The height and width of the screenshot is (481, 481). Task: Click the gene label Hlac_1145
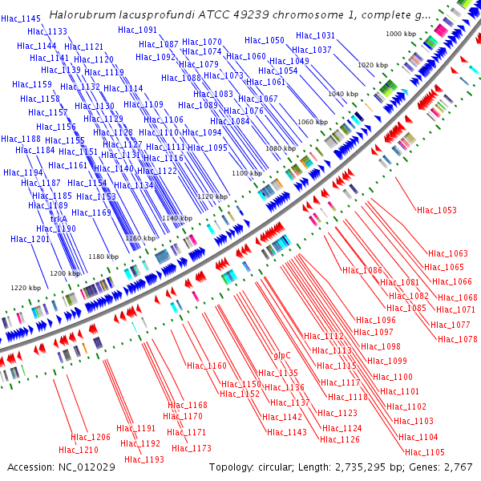click(x=21, y=18)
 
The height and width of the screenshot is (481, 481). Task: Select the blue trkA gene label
click(x=59, y=217)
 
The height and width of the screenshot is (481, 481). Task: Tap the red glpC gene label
click(x=282, y=354)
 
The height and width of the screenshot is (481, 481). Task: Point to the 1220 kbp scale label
click(x=26, y=288)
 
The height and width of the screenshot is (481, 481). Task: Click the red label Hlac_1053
click(x=437, y=211)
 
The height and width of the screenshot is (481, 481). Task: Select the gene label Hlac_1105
click(x=424, y=452)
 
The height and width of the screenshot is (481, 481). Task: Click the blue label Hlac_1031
click(x=315, y=36)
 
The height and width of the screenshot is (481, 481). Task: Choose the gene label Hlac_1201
click(x=30, y=239)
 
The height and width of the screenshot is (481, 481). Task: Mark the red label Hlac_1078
click(x=458, y=339)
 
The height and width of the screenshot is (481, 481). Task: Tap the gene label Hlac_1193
click(x=144, y=459)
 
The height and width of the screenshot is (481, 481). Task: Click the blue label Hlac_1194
click(x=22, y=172)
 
